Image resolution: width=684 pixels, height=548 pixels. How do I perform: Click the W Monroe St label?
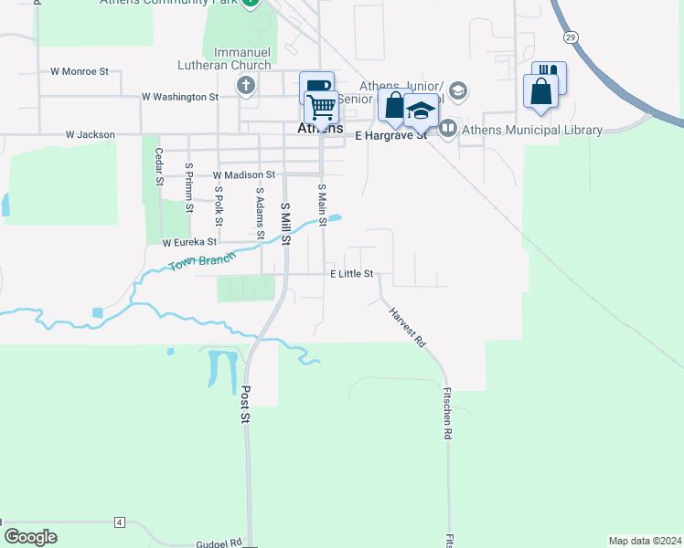click(x=80, y=70)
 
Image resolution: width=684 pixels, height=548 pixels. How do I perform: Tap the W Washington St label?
click(x=180, y=97)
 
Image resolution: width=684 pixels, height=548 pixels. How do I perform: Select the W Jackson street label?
click(x=91, y=135)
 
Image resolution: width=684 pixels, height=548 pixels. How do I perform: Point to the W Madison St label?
click(x=244, y=174)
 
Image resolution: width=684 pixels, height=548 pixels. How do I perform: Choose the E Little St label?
click(x=352, y=274)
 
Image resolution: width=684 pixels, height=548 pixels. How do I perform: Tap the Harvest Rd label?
click(x=408, y=327)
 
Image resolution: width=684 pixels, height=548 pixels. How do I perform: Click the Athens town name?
click(x=320, y=129)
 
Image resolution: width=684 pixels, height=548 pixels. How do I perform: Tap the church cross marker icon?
click(x=245, y=87)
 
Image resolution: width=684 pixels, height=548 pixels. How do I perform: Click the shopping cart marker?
click(x=321, y=108)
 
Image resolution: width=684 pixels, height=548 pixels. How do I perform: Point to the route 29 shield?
click(x=571, y=37)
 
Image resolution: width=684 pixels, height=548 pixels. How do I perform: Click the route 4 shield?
click(x=119, y=522)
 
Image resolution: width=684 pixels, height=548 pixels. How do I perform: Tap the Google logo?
click(x=31, y=537)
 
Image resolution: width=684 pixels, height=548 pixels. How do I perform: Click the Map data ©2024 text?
click(x=645, y=541)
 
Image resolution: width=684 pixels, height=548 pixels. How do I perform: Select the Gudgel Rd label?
click(x=219, y=543)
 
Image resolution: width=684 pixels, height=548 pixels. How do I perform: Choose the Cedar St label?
click(x=159, y=167)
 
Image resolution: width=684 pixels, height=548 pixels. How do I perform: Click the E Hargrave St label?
click(x=390, y=135)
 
